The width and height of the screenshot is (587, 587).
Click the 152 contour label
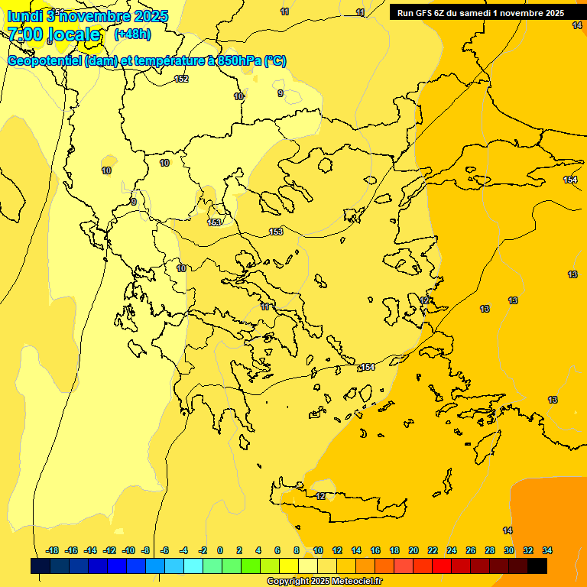point(181,79)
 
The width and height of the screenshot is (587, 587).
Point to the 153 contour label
point(276,232)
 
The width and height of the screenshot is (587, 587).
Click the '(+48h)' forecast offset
point(132,34)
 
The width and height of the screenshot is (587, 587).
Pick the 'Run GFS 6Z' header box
point(480,13)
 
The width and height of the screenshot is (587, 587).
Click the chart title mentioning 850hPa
point(147,61)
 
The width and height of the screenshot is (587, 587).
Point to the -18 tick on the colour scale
point(53,550)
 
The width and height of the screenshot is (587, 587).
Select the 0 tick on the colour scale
point(220,550)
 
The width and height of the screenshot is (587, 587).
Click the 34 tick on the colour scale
point(547,550)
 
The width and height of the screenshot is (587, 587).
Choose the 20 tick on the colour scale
point(413,550)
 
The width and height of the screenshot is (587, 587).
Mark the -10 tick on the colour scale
point(128,550)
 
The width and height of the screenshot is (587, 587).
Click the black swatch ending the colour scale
point(537,566)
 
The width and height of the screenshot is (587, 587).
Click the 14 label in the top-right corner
point(576,25)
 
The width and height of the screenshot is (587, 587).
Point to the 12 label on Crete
point(321,496)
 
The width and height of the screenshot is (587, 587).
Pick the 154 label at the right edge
point(570,180)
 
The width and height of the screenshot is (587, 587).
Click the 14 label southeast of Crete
point(508,530)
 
